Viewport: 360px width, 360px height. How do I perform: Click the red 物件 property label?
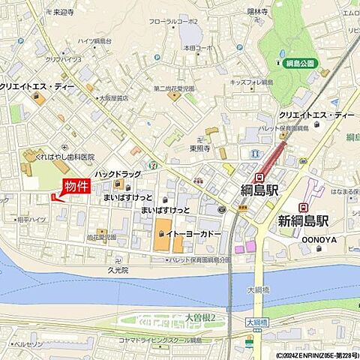(76, 187)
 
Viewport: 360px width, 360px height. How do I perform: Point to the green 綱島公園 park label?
(299, 63)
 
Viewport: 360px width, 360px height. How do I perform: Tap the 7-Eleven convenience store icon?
(153, 163)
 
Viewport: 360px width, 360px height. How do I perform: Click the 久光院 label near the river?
(118, 269)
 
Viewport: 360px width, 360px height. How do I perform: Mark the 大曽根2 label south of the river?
(200, 316)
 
